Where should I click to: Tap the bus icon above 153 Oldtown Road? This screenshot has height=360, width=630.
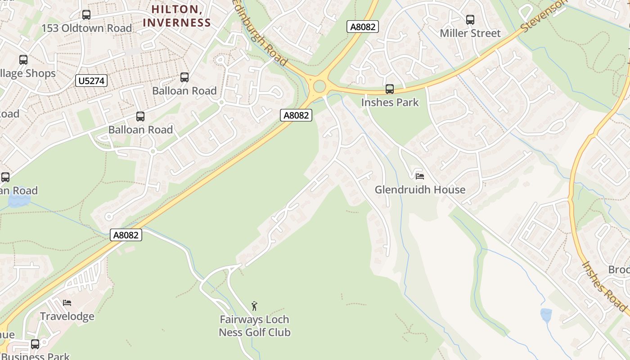(x=86, y=15)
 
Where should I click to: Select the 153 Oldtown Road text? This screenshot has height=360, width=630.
(x=86, y=28)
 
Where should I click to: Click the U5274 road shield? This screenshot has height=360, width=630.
(x=91, y=81)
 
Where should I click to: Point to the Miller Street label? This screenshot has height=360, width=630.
(x=470, y=33)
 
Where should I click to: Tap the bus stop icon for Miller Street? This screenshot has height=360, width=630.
(x=470, y=20)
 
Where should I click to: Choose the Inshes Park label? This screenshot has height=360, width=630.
(x=390, y=103)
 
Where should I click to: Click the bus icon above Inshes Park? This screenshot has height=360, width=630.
(x=390, y=89)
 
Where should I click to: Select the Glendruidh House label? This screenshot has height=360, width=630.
(x=420, y=190)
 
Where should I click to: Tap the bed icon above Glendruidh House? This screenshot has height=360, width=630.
(x=420, y=176)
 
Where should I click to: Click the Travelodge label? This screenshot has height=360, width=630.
(x=67, y=316)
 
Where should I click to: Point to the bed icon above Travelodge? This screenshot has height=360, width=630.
(x=67, y=302)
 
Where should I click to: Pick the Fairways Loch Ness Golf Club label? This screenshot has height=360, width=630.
(x=254, y=326)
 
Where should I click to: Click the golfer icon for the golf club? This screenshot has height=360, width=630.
(x=254, y=306)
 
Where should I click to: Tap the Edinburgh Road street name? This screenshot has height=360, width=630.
(x=261, y=34)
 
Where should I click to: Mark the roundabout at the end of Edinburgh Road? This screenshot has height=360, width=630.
(x=319, y=85)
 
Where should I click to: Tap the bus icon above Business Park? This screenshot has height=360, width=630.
(x=35, y=344)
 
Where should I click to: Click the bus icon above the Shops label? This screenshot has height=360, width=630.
(x=23, y=59)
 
